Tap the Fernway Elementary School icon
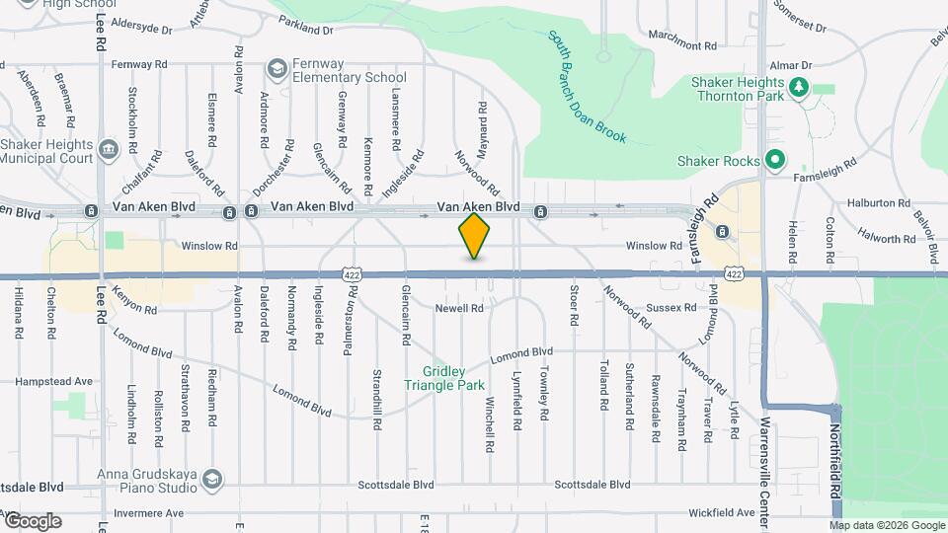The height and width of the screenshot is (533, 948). click(x=276, y=69)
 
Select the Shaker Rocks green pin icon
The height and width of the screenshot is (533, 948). click(x=776, y=160)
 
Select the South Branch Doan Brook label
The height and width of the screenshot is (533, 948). click(x=588, y=87)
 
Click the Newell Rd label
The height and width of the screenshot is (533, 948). click(x=459, y=309)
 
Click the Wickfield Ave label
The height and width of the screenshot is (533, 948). click(x=722, y=513)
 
